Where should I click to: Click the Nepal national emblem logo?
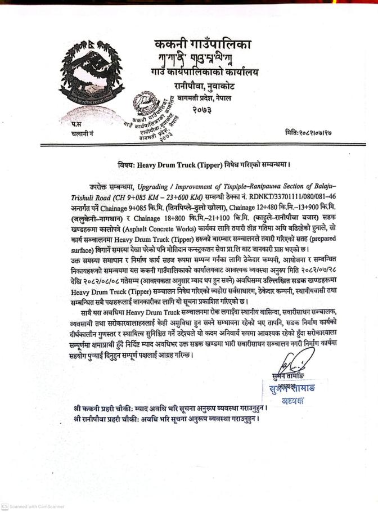coord(87,75)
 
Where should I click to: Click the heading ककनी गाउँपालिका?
coord(203,44)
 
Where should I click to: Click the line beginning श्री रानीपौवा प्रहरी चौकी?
coord(167,419)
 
